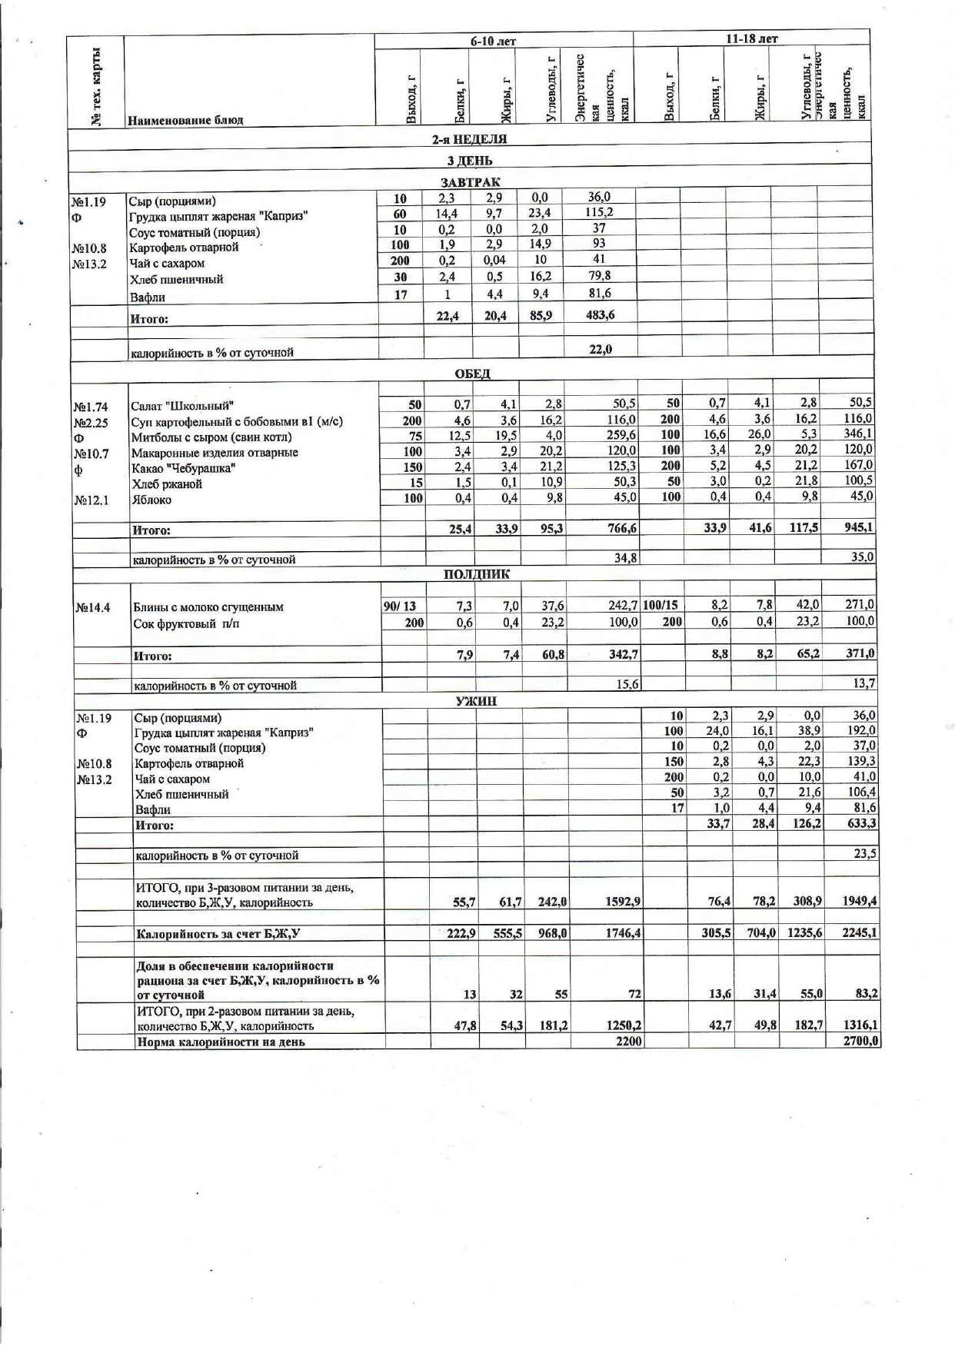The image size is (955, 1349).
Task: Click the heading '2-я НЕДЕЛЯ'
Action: coord(469,139)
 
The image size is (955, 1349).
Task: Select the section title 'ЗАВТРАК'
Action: coord(470,182)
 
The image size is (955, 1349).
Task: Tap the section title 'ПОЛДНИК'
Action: coord(476,574)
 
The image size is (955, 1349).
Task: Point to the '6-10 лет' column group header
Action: coord(493,41)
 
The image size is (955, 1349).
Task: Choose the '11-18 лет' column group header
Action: coord(751,38)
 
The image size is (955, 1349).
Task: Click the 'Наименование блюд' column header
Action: coord(185,120)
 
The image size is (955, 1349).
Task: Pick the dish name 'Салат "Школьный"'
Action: coord(182,406)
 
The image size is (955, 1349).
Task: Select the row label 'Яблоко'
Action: coord(151,500)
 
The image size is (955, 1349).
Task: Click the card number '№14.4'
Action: coord(93,607)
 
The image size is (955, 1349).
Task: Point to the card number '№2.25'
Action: coord(91,422)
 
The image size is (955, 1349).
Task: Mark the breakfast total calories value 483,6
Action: coord(600,314)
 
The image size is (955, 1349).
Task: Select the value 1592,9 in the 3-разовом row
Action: coord(623,902)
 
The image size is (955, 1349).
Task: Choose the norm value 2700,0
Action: coord(860,1042)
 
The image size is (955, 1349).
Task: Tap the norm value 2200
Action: coord(628,1042)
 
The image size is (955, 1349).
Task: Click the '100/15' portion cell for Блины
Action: coord(661,605)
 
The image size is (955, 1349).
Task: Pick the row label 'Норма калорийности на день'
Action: coord(221,1042)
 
